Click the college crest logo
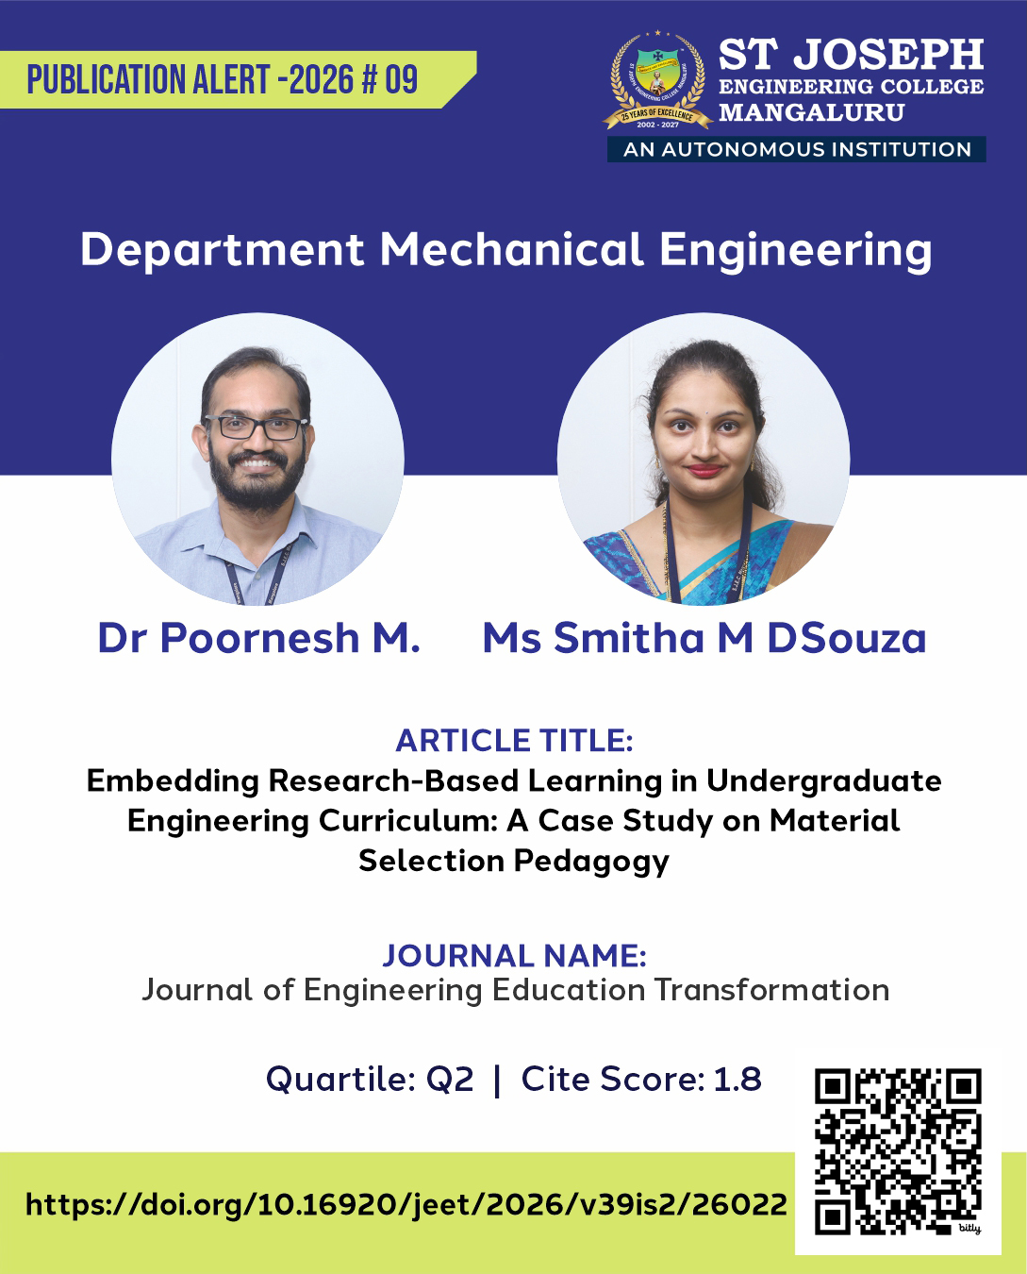[657, 82]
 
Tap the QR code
[898, 1151]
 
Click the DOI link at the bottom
[406, 1204]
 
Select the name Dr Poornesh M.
[258, 639]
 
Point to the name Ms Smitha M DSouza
[704, 639]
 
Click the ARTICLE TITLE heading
[514, 741]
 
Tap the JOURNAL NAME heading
[514, 956]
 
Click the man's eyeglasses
[257, 427]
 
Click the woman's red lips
[703, 469]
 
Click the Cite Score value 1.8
[737, 1079]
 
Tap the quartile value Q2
[450, 1079]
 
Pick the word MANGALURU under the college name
[811, 112]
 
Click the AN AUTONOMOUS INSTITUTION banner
[797, 149]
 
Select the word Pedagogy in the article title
[591, 862]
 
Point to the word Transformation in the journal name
[771, 990]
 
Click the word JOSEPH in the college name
[888, 56]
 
